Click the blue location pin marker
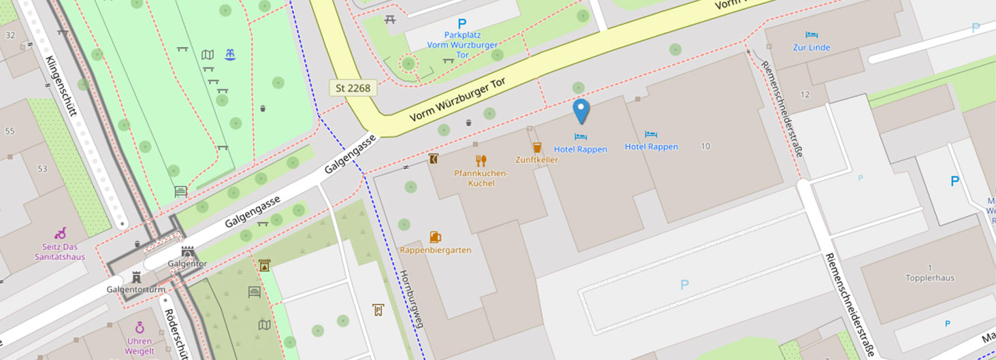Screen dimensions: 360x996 [581, 111]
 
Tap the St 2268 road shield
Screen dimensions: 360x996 [353, 88]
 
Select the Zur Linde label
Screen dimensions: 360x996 [812, 48]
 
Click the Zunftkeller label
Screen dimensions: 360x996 [536, 160]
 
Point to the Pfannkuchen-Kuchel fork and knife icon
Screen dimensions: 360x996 [481, 161]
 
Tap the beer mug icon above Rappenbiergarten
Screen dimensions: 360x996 [435, 237]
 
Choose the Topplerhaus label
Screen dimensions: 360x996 [929, 278]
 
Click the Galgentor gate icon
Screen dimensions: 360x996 [188, 252]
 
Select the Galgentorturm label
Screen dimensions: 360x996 [135, 289]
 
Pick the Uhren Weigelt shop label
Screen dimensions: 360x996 [140, 346]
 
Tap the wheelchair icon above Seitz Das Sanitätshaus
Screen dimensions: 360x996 [60, 233]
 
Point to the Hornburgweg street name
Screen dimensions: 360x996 [411, 299]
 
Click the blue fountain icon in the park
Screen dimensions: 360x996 [230, 54]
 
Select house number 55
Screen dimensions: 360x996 [10, 131]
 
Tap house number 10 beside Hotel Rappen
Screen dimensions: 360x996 [705, 146]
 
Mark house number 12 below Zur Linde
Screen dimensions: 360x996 [805, 94]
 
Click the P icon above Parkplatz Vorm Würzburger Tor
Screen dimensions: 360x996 [462, 24]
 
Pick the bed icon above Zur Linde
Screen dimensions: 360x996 [812, 35]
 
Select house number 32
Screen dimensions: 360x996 [10, 35]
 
